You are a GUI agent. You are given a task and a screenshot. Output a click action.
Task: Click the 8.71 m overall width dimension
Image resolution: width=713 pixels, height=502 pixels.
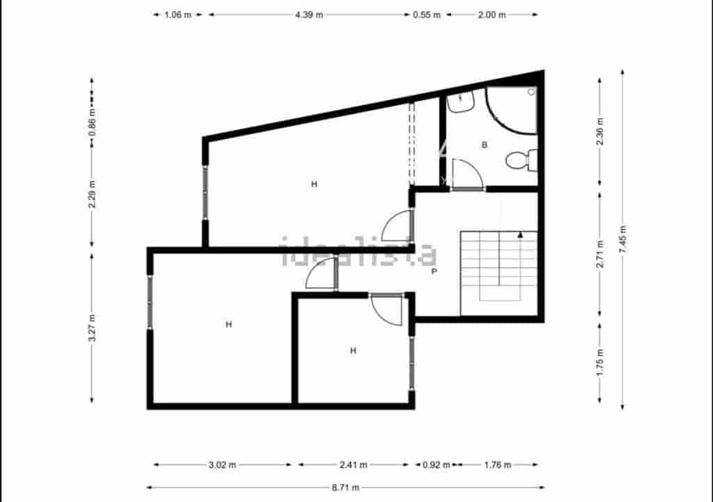[345, 487]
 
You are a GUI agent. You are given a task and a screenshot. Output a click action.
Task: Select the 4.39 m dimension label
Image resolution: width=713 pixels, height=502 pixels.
[309, 14]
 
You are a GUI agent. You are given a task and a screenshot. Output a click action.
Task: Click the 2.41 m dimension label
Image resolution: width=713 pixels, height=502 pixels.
[353, 464]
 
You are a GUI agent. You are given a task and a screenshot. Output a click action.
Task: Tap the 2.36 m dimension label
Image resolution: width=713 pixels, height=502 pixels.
[600, 131]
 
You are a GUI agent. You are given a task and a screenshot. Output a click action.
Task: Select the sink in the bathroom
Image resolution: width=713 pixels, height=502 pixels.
[460, 103]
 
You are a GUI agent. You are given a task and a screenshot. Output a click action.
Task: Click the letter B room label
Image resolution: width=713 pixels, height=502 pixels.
[484, 145]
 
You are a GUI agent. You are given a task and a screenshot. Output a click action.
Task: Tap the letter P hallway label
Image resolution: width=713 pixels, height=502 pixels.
[434, 271]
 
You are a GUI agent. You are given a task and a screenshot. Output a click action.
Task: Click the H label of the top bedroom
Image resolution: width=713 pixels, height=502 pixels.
[314, 184]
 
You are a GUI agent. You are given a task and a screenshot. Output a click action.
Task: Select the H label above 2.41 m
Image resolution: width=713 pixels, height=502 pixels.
[353, 350]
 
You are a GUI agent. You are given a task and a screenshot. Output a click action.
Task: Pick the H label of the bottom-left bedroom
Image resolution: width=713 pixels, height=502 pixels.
[228, 324]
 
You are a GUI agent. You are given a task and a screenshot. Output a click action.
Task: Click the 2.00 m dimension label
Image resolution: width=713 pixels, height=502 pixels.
[492, 14]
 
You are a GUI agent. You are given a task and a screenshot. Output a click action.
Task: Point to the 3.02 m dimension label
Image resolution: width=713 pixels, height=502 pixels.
[223, 464]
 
